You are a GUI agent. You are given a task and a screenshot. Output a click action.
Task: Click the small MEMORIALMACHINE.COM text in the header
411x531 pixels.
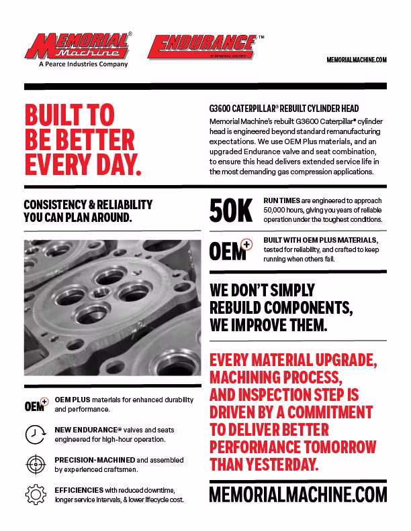click(357, 60)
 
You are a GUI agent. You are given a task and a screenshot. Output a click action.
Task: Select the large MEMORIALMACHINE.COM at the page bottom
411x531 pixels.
click(298, 495)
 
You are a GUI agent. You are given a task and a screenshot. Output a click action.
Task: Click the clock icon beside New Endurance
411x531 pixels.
click(35, 434)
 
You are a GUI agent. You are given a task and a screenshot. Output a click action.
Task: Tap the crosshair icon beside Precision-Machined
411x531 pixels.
click(35, 465)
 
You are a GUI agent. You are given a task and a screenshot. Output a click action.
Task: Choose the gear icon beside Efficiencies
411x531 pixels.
click(35, 495)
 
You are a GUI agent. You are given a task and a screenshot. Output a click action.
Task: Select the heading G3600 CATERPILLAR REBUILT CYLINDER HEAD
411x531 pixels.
click(284, 109)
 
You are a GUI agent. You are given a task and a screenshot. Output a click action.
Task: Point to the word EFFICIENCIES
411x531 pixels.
click(79, 490)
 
